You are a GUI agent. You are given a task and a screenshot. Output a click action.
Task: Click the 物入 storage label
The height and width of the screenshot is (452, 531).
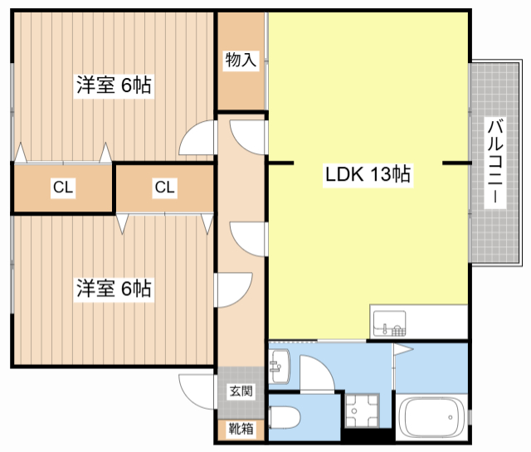click(x=241, y=60)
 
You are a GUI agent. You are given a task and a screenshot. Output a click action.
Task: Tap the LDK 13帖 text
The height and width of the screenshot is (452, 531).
click(x=368, y=174)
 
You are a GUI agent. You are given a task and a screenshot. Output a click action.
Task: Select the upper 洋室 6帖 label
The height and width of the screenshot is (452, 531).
click(x=114, y=85)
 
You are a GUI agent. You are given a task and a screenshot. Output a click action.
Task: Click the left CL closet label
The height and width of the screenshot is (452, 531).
click(x=63, y=188)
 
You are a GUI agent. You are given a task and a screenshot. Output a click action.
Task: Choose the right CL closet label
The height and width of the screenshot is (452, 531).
click(x=164, y=188)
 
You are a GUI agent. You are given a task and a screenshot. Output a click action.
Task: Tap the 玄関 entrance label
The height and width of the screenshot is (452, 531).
click(x=241, y=391)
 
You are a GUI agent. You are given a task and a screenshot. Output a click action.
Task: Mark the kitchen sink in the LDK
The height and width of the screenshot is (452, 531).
click(x=389, y=323)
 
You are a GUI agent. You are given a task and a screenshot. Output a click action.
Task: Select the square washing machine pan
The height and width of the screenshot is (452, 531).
click(x=363, y=410)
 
